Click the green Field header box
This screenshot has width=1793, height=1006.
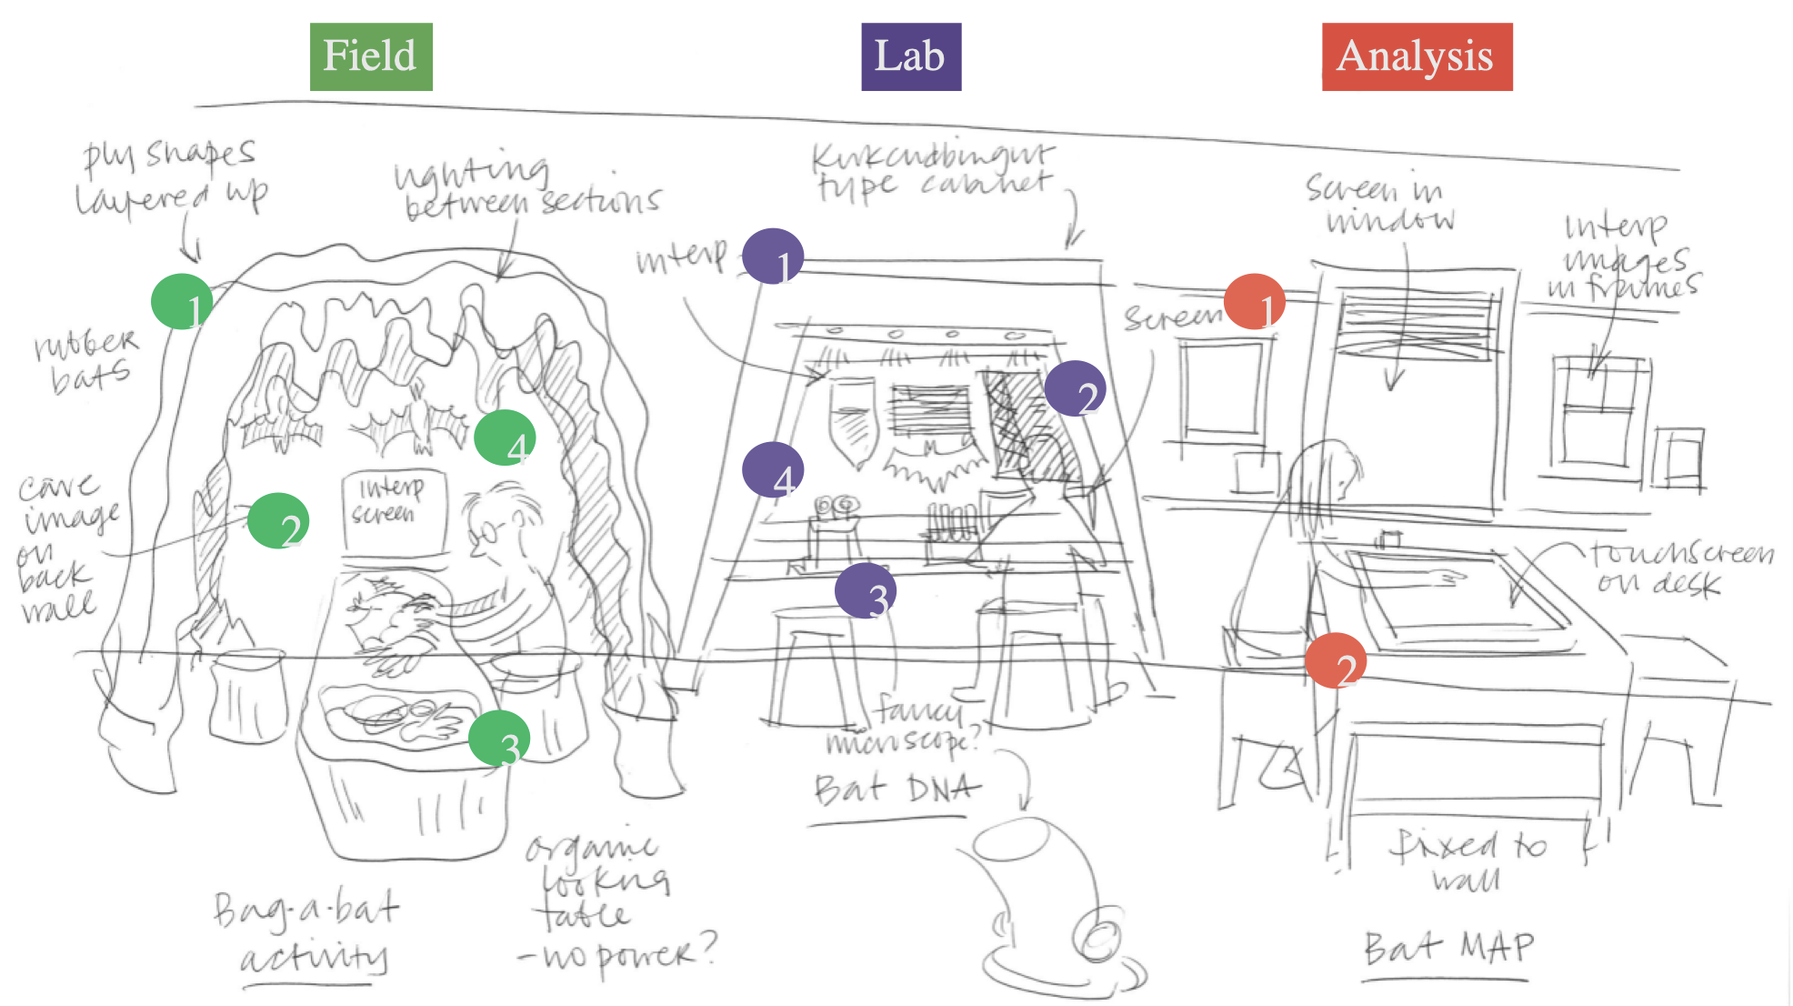coord(371,56)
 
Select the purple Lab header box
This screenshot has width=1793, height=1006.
coord(910,56)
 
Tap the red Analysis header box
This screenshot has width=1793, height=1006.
coord(1417,56)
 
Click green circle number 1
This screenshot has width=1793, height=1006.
coord(182,302)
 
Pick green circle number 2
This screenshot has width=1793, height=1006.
coord(278,521)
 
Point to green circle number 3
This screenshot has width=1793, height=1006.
coord(499,739)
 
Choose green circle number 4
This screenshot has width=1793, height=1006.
coord(505,438)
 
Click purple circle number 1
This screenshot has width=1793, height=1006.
coord(773,257)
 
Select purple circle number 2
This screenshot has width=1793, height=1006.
coord(1075,388)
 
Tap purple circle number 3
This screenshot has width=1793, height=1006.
coord(866,590)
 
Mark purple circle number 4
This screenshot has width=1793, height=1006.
coord(773,470)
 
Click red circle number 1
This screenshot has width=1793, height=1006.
coord(1255,302)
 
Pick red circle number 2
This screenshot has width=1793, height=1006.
coord(1335,661)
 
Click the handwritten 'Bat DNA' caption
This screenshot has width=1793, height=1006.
coord(896,790)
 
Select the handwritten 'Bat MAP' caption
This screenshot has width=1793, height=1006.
coord(1447,948)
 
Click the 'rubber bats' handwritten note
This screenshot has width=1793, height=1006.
coord(87,359)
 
